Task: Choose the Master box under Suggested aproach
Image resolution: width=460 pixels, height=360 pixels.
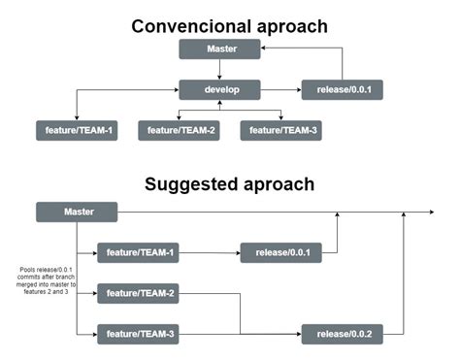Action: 77,212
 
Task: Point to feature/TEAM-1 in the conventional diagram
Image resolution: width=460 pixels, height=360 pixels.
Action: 77,131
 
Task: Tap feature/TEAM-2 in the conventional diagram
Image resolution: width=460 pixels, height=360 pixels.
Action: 179,131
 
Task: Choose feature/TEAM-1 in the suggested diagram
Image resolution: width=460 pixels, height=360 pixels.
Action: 138,253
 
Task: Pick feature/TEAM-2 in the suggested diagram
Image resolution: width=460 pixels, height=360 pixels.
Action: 138,294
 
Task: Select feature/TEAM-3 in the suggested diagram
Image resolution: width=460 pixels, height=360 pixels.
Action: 138,335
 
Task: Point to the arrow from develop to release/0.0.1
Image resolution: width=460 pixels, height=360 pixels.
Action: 280,90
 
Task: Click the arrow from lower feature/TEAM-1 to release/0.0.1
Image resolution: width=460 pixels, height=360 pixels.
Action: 209,253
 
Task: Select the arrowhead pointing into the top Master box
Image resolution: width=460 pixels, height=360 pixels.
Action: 266,49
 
